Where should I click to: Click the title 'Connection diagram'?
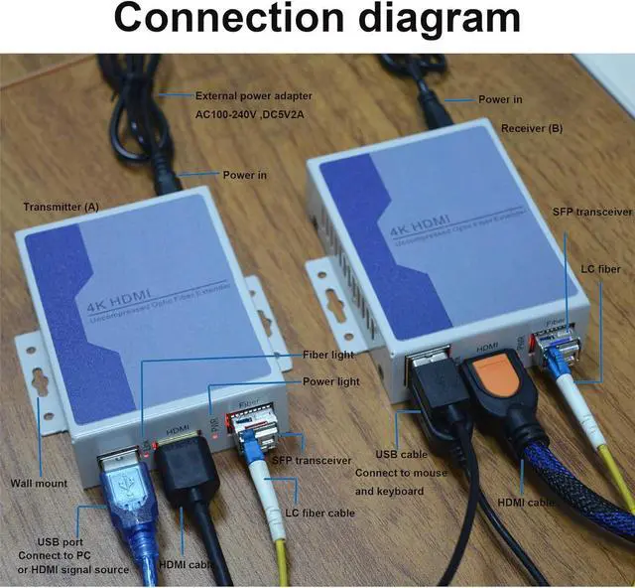tap(317, 21)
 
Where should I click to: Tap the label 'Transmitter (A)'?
tap(62, 207)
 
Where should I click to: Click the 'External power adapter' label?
tap(254, 96)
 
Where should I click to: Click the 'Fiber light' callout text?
tap(329, 355)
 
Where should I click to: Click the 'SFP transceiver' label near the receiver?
tap(592, 212)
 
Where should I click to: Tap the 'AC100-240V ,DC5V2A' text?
tap(249, 117)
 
